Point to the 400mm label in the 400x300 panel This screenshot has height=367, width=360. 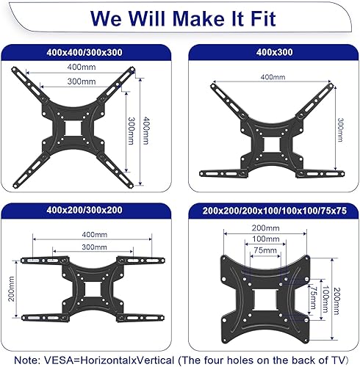click(x=271, y=76)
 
